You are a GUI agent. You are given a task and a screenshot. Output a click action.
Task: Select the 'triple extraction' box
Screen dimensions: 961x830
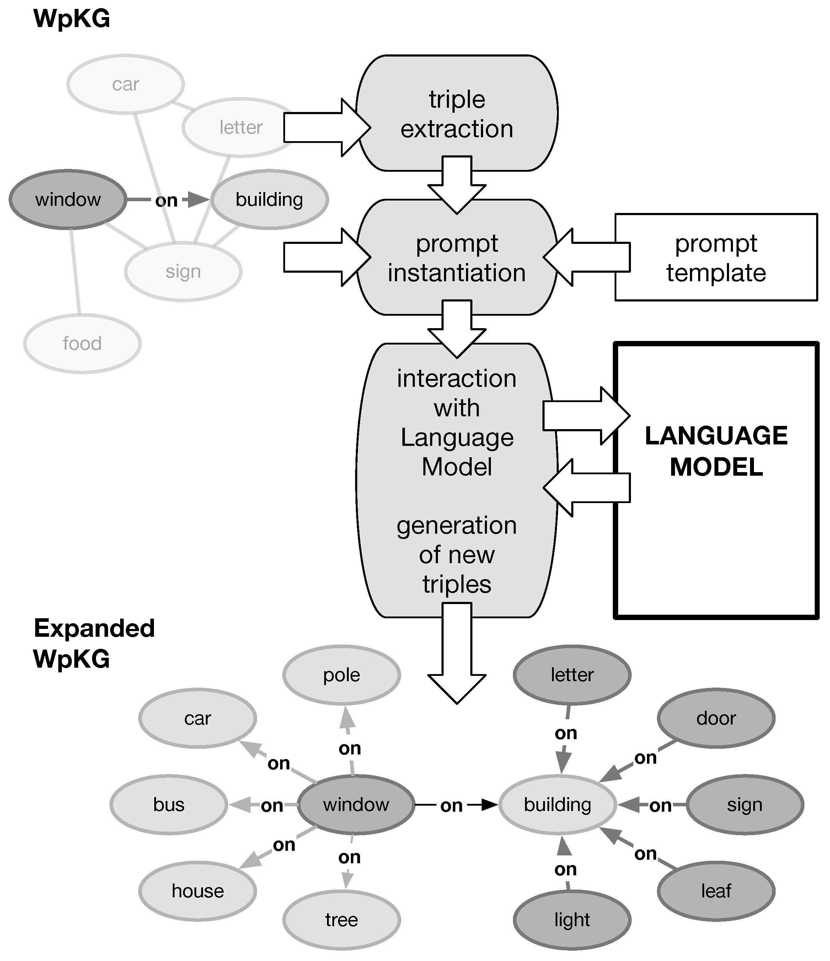click(457, 114)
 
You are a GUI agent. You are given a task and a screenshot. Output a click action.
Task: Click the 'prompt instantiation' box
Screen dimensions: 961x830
click(457, 257)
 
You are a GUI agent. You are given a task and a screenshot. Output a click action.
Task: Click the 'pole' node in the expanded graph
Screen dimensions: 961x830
click(341, 675)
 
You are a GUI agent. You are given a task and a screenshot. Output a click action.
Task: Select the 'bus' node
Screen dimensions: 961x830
click(169, 805)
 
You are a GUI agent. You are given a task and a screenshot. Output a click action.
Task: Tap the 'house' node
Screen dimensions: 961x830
click(198, 891)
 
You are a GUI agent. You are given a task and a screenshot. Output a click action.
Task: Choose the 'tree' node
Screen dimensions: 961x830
click(341, 920)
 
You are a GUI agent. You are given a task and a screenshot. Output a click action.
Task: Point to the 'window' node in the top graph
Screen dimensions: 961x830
click(68, 199)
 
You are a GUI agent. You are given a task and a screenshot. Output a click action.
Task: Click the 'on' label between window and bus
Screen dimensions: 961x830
click(272, 806)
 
